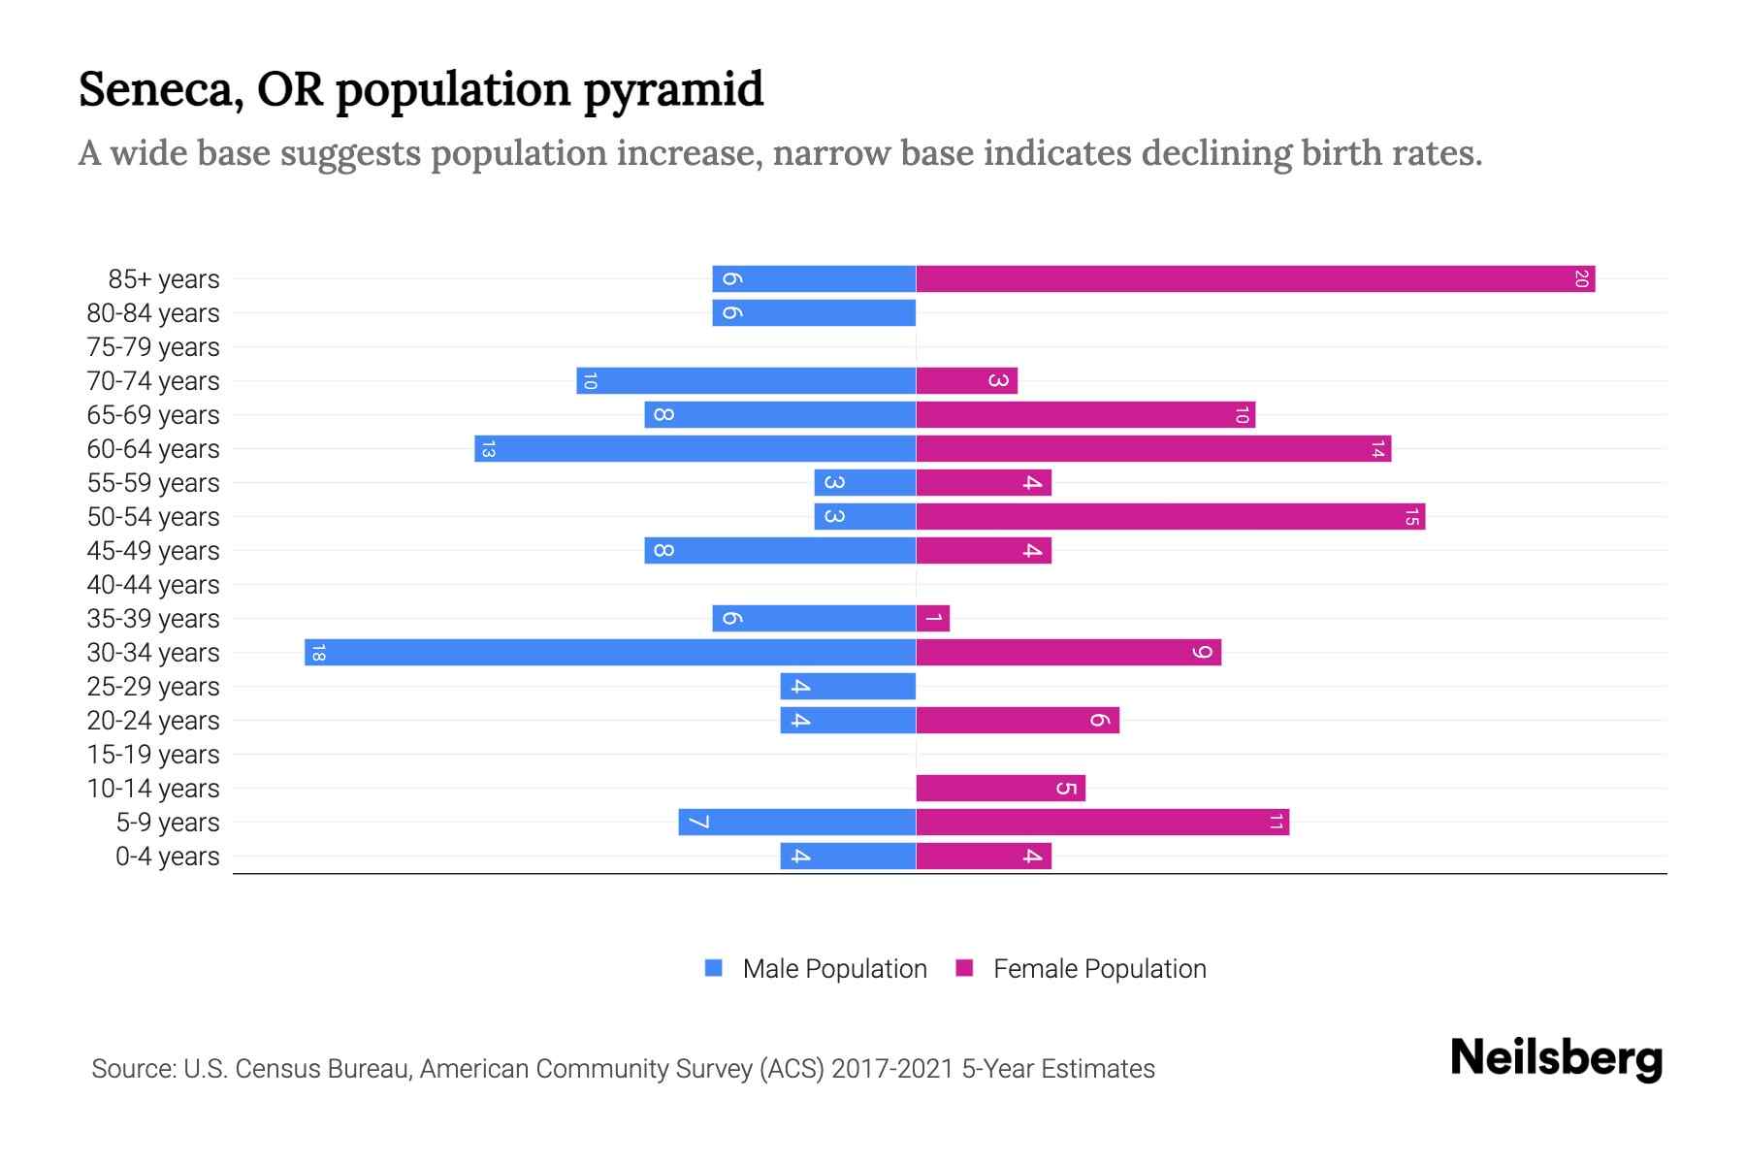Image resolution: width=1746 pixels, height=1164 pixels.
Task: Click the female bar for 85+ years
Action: (x=1255, y=279)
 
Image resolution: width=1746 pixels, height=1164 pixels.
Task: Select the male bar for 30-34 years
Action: (x=610, y=653)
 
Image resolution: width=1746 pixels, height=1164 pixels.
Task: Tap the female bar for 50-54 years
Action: (x=1170, y=517)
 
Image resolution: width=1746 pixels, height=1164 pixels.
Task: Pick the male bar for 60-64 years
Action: (x=695, y=449)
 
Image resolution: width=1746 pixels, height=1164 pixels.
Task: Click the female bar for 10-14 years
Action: (x=1000, y=789)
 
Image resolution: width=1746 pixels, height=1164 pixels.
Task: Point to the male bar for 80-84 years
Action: (x=814, y=313)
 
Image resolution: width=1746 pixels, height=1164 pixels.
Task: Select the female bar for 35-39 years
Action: (x=932, y=619)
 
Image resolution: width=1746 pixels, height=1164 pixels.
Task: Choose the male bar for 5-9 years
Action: (x=796, y=823)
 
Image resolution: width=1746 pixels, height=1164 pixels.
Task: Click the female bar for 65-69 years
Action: (x=1085, y=415)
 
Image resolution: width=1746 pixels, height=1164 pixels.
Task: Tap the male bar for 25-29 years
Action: (x=848, y=687)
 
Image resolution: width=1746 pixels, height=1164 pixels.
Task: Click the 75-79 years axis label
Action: (x=153, y=347)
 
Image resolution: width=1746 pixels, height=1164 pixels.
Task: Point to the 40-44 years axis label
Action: (x=153, y=585)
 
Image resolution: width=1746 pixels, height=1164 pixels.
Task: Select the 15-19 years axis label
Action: (x=153, y=755)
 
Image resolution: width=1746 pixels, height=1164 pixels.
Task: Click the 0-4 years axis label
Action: (x=167, y=857)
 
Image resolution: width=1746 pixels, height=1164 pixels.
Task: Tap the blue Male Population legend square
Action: (x=714, y=968)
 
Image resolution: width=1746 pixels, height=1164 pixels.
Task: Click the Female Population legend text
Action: (x=1099, y=969)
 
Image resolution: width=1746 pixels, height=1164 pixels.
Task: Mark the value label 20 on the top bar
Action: (x=1580, y=279)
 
